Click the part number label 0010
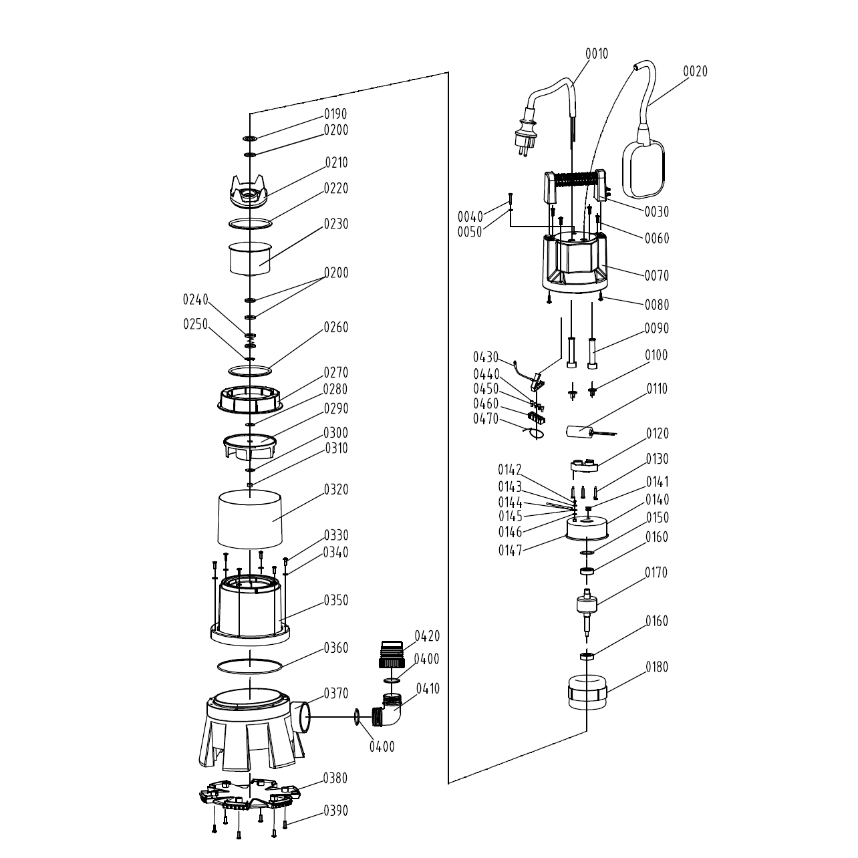point(597,53)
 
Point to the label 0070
point(656,275)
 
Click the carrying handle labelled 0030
point(578,182)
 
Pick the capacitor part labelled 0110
point(579,432)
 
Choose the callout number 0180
point(656,667)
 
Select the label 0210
point(336,162)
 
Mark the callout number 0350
point(336,600)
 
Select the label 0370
point(336,694)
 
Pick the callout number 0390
point(336,811)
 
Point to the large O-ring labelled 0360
point(250,666)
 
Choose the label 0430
point(486,357)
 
